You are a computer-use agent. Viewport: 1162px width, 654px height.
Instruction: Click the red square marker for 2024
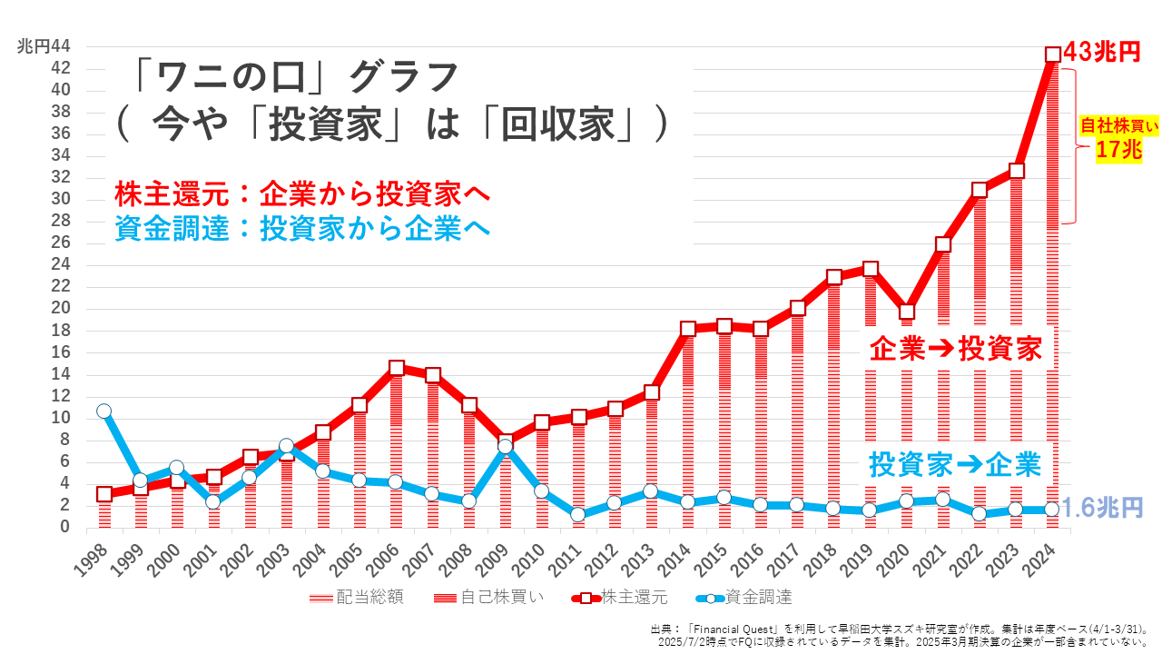coord(1053,54)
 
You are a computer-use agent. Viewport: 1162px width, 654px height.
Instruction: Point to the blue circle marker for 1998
coord(103,411)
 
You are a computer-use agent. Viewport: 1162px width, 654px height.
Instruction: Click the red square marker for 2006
coord(396,368)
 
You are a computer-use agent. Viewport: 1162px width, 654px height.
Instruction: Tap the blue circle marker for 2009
coord(505,446)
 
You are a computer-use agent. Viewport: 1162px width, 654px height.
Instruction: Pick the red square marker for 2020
coord(906,312)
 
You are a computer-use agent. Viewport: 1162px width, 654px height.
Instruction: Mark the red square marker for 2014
coord(687,329)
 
